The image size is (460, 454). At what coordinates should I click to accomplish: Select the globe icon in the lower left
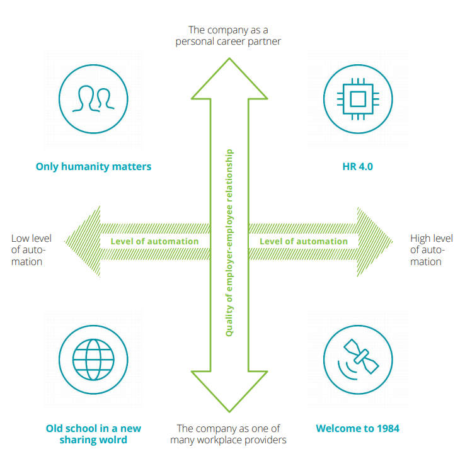93,360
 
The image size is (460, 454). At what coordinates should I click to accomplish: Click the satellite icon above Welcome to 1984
357,360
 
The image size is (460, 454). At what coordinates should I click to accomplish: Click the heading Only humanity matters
93,167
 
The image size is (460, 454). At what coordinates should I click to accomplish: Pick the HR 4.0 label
357,167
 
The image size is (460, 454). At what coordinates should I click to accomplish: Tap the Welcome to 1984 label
357,429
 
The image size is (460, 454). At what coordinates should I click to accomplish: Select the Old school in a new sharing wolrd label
93,434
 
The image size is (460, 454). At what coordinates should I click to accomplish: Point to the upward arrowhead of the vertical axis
229,79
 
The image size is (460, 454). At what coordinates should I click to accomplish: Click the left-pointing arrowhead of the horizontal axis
82,241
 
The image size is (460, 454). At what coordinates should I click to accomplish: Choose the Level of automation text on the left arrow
154,241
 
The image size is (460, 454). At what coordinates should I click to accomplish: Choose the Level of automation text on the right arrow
304,241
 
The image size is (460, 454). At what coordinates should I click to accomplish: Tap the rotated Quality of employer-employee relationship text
229,242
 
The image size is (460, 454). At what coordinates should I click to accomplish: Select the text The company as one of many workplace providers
228,434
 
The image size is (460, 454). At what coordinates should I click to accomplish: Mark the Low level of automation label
31,250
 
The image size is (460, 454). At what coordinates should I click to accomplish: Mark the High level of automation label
431,250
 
